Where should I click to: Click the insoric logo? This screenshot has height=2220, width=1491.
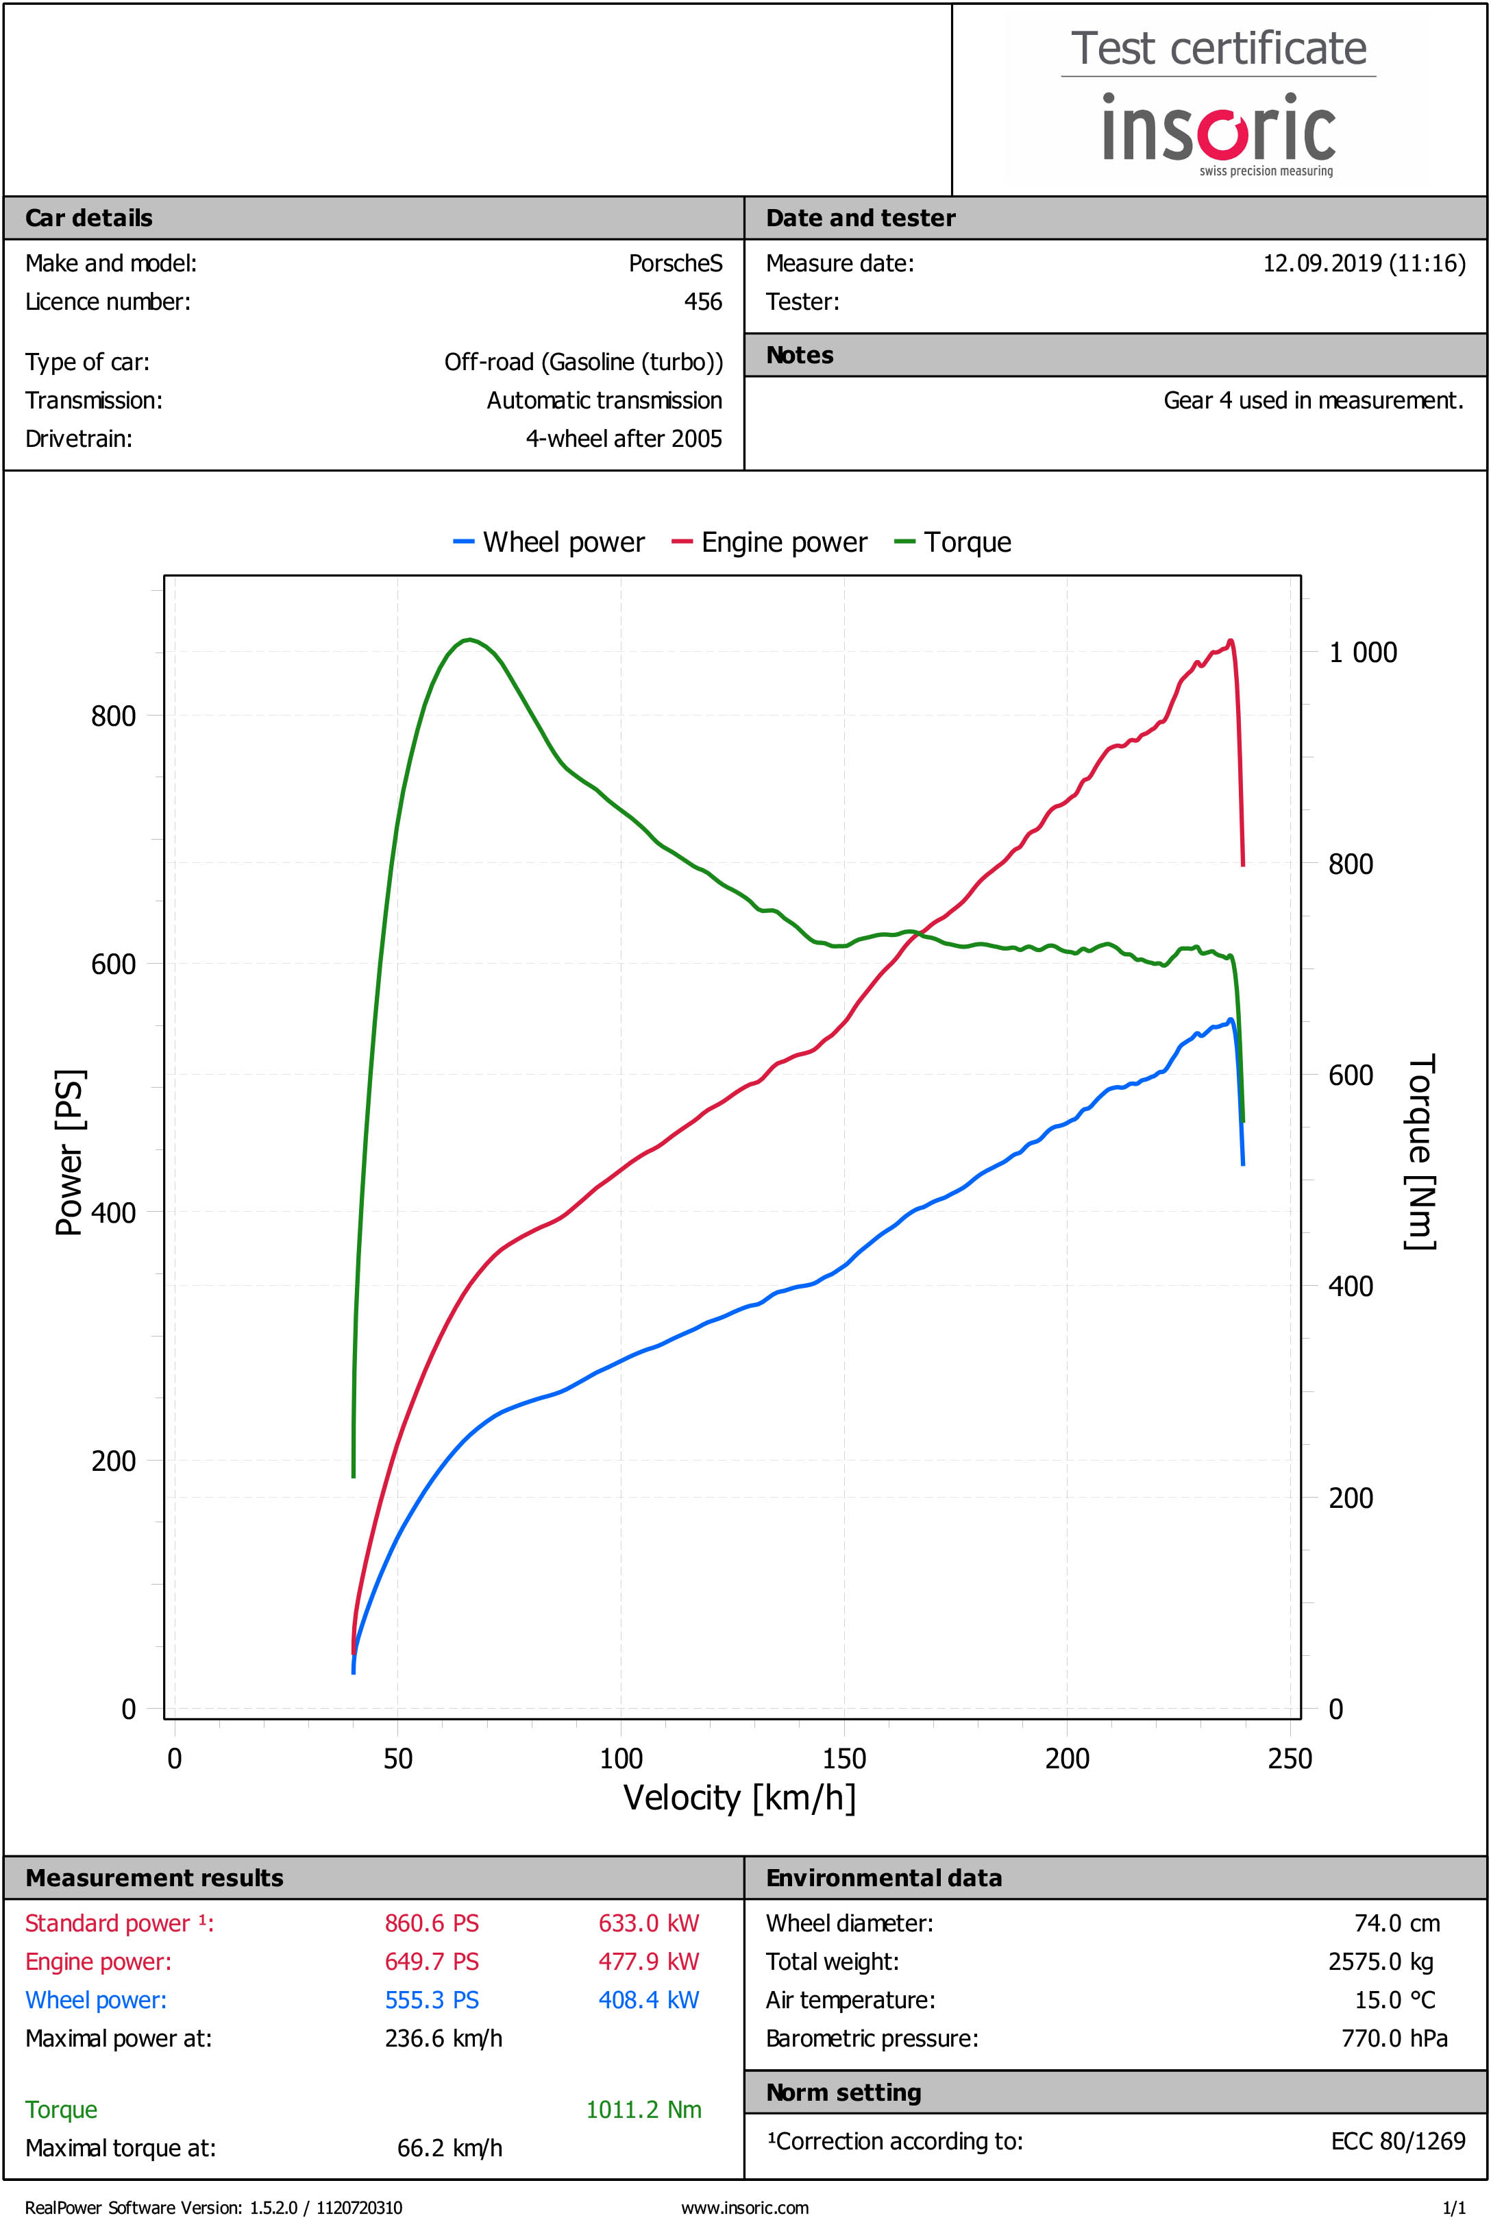click(1218, 132)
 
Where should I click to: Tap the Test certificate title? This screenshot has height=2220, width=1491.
click(1218, 49)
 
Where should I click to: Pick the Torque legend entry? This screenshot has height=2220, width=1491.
click(954, 542)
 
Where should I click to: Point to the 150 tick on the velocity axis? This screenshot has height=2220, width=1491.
click(843, 1758)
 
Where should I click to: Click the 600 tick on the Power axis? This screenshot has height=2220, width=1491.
click(113, 964)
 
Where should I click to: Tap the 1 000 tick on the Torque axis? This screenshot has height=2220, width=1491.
click(1361, 652)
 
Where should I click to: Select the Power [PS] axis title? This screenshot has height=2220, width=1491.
click(69, 1152)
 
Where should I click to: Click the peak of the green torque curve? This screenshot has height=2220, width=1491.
click(469, 639)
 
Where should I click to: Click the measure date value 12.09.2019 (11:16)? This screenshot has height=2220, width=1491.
click(1364, 263)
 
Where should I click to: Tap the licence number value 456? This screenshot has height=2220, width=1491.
click(703, 302)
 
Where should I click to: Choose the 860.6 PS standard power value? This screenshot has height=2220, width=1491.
click(432, 1923)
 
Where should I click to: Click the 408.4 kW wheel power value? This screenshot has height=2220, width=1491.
click(648, 2000)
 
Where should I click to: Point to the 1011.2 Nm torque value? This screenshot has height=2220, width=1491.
click(644, 2110)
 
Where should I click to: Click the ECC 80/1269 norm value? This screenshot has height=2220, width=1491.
click(1398, 2141)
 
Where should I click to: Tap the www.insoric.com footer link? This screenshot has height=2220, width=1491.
click(745, 2208)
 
